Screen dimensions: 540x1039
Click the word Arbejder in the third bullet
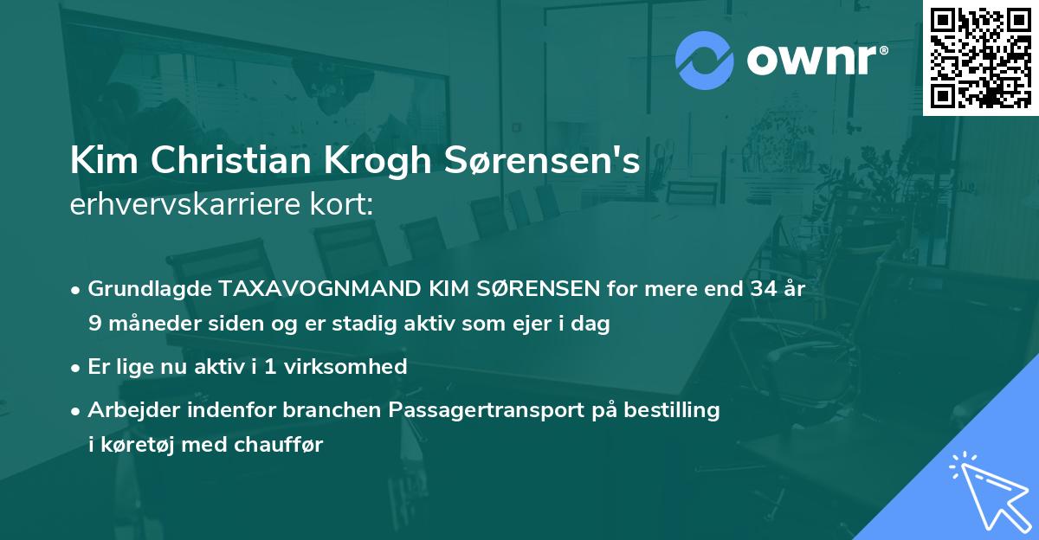(130, 410)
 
